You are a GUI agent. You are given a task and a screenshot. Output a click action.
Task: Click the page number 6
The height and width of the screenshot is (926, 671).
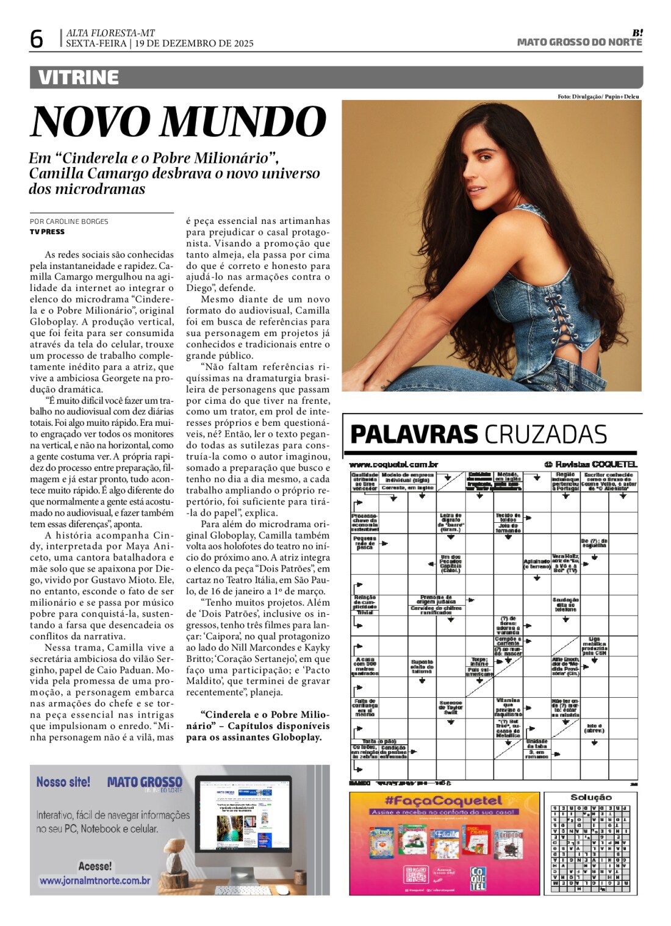pos(37,40)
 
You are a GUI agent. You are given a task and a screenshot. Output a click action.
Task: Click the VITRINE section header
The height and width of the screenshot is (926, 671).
pos(79,77)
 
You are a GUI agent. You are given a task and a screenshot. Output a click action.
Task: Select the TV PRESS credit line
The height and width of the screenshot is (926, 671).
pos(47,232)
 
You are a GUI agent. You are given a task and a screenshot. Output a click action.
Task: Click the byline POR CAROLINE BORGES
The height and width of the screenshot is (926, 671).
pos(69,221)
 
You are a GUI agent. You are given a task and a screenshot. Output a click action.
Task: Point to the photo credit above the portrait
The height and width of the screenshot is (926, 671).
pos(598,96)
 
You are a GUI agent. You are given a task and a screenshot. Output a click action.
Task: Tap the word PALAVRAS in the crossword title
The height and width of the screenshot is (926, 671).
pos(414,434)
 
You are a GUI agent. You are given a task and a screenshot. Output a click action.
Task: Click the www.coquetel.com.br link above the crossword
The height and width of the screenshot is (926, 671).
pos(393,465)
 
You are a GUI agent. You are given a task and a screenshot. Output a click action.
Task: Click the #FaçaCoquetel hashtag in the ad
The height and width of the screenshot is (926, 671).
pos(443,801)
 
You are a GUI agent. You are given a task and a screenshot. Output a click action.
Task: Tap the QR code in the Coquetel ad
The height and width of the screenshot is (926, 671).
pos(415,874)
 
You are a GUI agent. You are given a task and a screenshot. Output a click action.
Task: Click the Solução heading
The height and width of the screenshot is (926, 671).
pos(590,797)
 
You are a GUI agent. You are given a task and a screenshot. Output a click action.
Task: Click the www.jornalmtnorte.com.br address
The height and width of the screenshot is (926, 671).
pos(95,880)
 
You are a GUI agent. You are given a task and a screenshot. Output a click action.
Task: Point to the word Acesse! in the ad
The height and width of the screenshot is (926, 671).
pos(95,866)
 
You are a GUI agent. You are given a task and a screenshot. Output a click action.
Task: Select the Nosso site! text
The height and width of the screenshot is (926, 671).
pos(63,781)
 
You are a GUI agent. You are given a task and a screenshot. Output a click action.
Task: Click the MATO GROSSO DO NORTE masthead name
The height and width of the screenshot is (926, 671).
pos(579,42)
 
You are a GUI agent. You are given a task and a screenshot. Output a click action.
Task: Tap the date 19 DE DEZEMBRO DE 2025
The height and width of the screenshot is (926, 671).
pos(194,43)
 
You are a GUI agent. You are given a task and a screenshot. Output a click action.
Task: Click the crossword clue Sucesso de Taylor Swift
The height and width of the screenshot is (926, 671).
pos(451,707)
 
